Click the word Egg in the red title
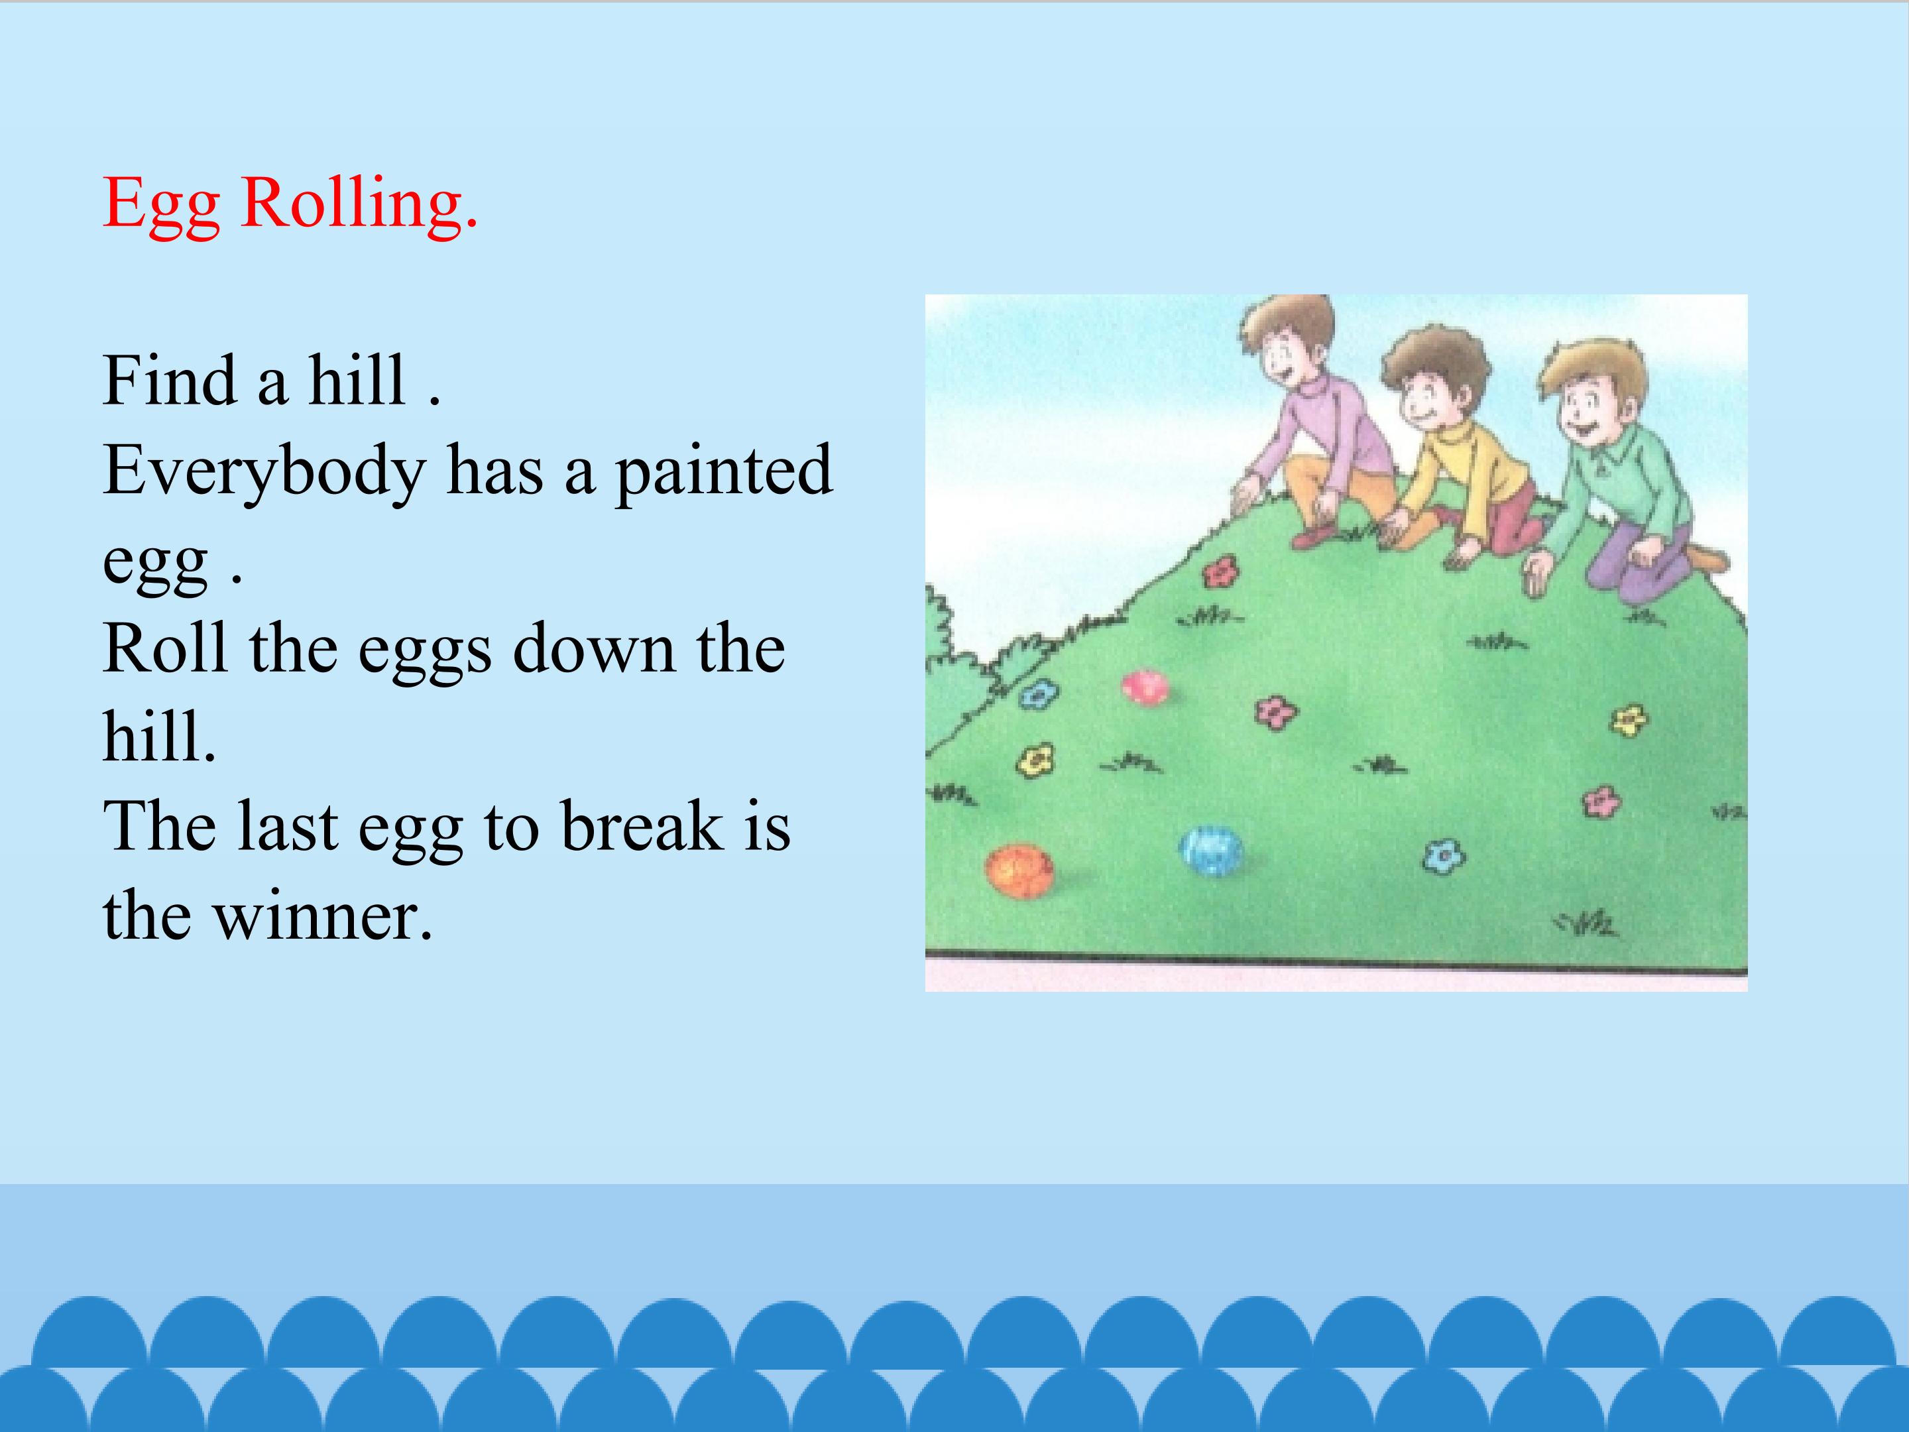(x=161, y=206)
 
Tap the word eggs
(x=425, y=654)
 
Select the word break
(x=642, y=825)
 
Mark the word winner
(x=323, y=917)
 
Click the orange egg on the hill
(x=1019, y=871)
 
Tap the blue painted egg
(x=1212, y=852)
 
